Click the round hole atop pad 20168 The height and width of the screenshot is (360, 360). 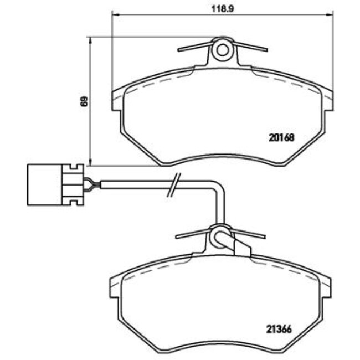(223, 50)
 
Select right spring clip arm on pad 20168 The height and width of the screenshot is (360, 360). (249, 47)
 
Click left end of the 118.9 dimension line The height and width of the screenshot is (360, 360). (113, 13)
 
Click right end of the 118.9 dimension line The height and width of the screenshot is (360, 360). (332, 13)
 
